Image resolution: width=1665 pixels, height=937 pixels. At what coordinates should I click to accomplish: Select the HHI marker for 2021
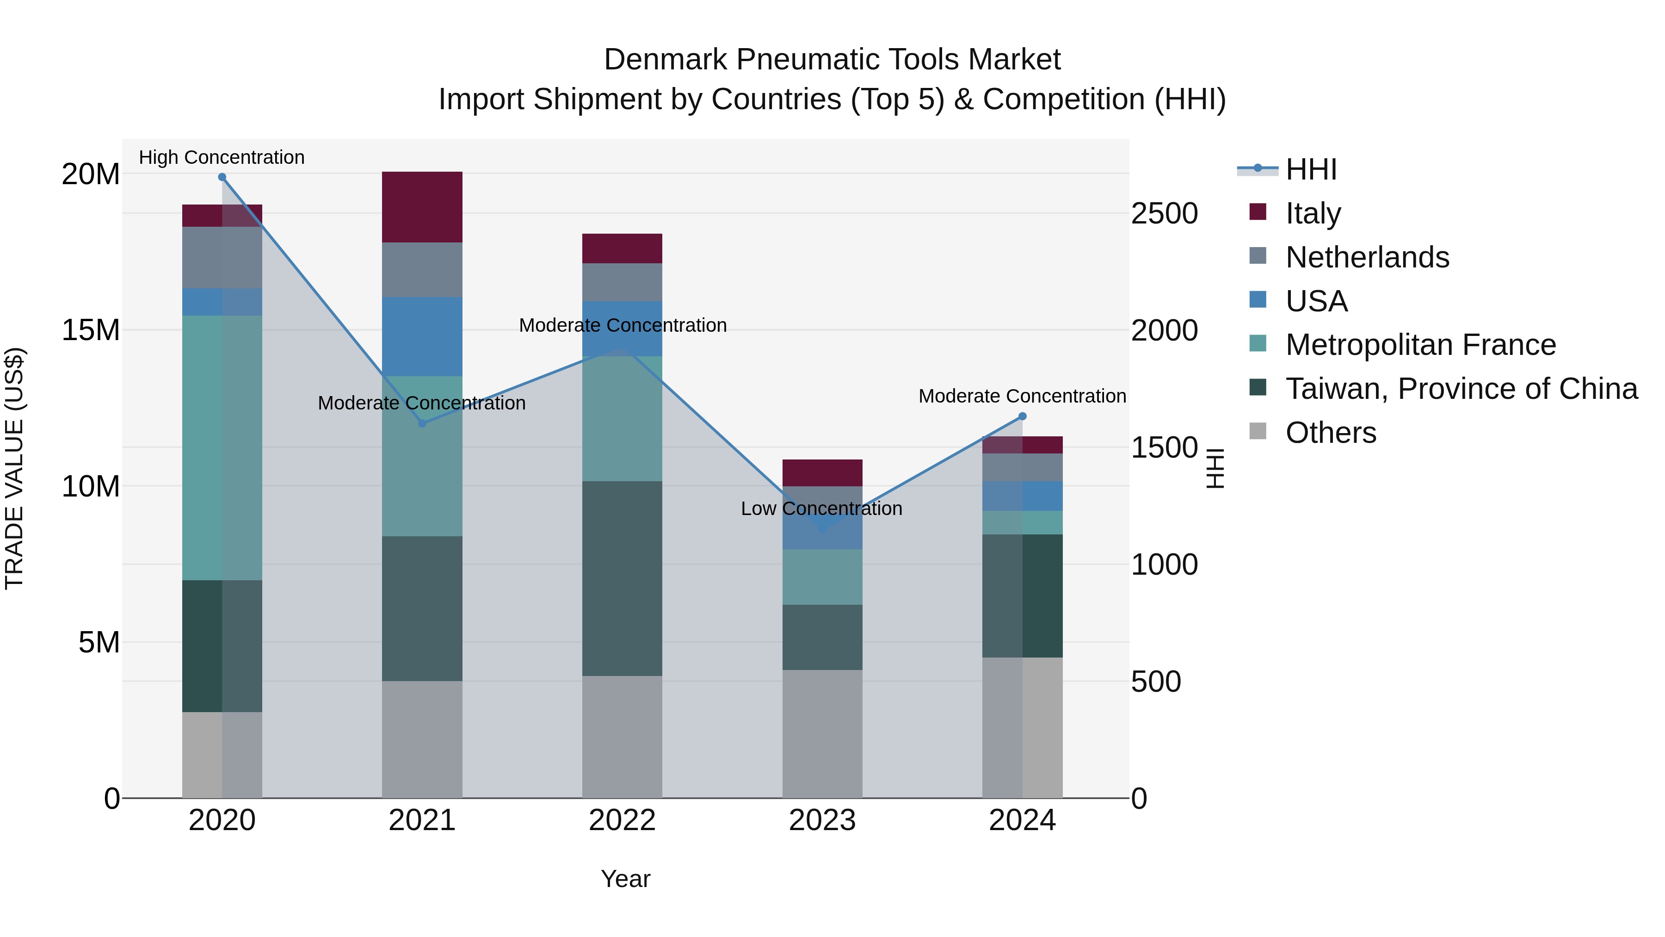(422, 423)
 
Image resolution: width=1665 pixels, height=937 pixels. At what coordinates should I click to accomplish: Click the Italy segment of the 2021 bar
(422, 207)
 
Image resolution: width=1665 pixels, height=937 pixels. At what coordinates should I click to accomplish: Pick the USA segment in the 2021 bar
(422, 336)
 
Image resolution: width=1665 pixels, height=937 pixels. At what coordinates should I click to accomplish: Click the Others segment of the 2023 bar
(822, 733)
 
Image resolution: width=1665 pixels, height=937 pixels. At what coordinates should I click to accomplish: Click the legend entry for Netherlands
(1367, 257)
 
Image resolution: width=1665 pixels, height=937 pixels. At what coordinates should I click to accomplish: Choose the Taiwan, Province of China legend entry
(1461, 389)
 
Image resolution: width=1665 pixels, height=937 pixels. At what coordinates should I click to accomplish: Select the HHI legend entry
(1311, 169)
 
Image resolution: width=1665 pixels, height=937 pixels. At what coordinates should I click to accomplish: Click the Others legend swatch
(1258, 431)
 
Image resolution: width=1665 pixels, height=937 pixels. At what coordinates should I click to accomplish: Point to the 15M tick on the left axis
(91, 330)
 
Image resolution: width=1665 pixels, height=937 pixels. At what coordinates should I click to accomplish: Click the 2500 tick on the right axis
(1164, 214)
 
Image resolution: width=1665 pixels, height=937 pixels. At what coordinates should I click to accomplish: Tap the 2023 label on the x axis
(822, 820)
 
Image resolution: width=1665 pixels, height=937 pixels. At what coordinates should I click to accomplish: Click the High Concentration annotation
(222, 157)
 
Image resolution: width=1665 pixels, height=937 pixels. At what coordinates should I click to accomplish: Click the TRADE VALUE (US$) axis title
(14, 468)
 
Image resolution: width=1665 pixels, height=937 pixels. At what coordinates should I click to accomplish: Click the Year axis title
(625, 879)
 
